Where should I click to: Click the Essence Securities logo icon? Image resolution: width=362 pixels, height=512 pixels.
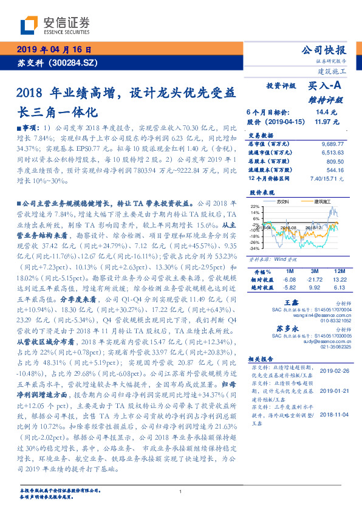click(x=29, y=26)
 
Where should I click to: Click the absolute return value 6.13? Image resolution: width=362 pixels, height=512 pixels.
click(x=338, y=287)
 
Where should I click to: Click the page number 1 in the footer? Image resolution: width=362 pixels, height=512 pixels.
click(x=181, y=491)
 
